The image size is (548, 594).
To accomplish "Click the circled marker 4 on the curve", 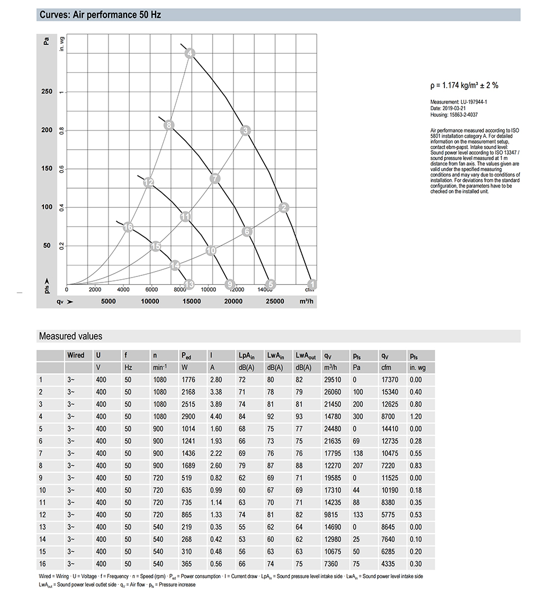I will (x=190, y=53).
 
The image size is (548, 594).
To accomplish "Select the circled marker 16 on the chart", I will (x=128, y=227).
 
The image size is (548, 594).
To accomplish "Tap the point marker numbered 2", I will (x=284, y=207).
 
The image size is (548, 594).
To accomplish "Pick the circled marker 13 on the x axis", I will (x=190, y=284).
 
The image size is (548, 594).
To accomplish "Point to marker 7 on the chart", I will (x=215, y=178).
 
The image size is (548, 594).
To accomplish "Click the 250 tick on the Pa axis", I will (x=47, y=92).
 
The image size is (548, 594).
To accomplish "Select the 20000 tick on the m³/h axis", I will (x=233, y=301).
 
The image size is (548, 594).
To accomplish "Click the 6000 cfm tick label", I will (x=151, y=289).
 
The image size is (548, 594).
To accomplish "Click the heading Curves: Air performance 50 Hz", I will (x=100, y=15).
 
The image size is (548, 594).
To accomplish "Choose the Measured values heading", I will (x=71, y=336).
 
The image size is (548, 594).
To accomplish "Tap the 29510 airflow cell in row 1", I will (x=333, y=379).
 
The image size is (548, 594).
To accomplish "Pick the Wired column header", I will (x=76, y=355).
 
